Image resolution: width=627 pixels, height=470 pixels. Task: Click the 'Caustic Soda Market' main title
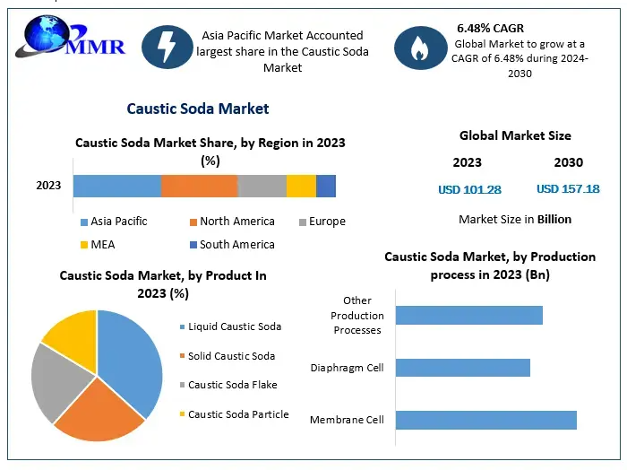click(x=197, y=109)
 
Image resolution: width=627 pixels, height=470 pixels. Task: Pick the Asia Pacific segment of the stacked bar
click(x=116, y=186)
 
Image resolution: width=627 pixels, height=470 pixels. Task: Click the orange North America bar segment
click(x=199, y=186)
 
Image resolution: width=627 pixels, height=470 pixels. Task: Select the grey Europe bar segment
click(x=262, y=186)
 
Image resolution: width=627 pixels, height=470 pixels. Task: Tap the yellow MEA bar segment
click(x=301, y=186)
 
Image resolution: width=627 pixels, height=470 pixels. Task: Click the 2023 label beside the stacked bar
click(x=48, y=186)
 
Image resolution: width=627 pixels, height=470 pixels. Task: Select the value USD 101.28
click(x=469, y=189)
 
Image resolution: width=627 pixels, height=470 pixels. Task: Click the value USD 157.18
click(x=568, y=189)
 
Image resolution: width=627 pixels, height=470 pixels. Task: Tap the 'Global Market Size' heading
click(x=515, y=136)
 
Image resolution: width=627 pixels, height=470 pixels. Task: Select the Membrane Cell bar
click(x=485, y=420)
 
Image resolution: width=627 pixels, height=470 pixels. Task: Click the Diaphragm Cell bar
click(x=462, y=368)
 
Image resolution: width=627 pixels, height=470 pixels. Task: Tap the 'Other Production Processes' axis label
click(x=356, y=315)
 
